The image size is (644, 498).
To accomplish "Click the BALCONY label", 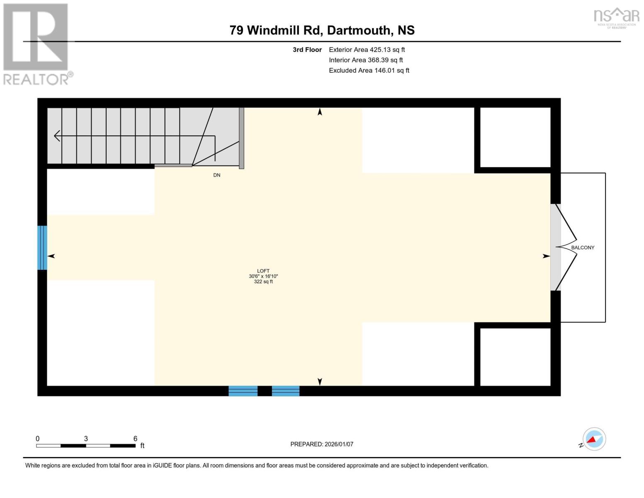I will click(583, 248).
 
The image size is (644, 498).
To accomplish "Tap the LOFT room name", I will click(263, 271).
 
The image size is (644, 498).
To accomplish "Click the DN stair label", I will click(217, 175).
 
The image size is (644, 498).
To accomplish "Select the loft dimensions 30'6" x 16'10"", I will click(263, 276).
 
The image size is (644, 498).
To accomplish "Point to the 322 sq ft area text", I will click(263, 282).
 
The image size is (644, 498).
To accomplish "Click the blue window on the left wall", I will click(42, 248).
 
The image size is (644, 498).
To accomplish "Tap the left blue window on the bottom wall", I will click(243, 391).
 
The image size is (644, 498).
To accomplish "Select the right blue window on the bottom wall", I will click(286, 391).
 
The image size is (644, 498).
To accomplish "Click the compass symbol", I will click(594, 439).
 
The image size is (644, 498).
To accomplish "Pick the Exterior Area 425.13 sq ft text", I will click(367, 50).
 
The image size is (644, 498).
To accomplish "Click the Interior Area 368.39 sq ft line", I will click(366, 60).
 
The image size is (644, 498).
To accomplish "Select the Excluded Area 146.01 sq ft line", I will click(369, 71).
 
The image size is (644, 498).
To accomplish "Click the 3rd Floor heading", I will click(307, 50).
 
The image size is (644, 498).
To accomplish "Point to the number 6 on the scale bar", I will click(135, 439).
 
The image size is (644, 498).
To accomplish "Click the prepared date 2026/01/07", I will click(339, 444).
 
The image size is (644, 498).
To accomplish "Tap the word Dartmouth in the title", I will click(359, 30).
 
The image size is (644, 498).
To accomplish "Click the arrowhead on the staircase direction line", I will click(57, 136).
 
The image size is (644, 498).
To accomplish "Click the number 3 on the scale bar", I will click(86, 439).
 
